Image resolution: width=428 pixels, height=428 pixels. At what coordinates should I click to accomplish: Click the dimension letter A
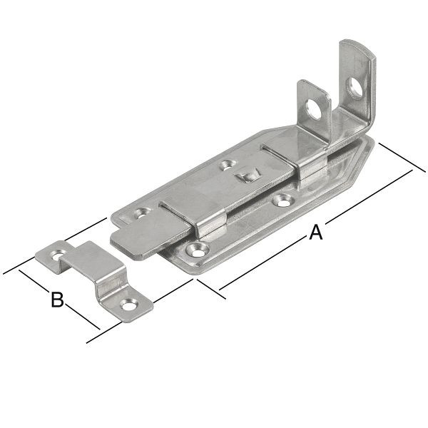coord(315,233)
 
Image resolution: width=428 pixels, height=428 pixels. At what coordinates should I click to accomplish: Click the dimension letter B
coord(56,300)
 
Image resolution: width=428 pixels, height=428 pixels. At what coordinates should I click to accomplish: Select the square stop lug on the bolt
coord(248,174)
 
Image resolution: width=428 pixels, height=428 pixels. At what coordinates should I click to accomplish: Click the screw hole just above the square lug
coord(228,165)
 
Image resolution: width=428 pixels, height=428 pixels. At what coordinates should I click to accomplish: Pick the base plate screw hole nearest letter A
coord(195,250)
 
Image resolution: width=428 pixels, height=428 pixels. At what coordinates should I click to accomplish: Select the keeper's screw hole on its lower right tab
coord(128,305)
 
